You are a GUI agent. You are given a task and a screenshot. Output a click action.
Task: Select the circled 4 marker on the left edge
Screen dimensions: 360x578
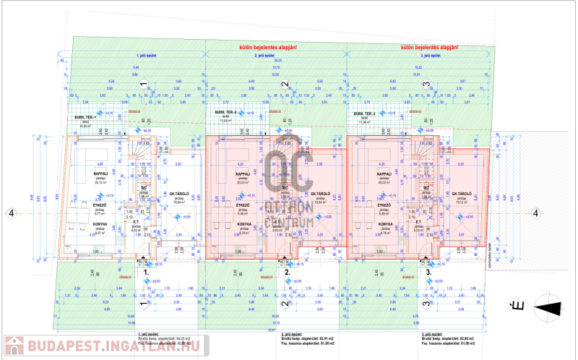pos(10,213)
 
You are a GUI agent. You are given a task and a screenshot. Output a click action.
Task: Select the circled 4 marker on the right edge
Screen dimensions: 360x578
pos(535,213)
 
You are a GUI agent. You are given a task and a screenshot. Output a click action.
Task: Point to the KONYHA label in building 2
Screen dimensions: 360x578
pos(244,224)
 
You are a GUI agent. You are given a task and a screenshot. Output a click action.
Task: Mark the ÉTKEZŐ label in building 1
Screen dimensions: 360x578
pos(100,205)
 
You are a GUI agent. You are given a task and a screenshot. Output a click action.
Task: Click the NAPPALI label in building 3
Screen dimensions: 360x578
pos(384,174)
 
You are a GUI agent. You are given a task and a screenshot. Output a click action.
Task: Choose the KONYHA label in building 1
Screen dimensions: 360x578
pos(100,224)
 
